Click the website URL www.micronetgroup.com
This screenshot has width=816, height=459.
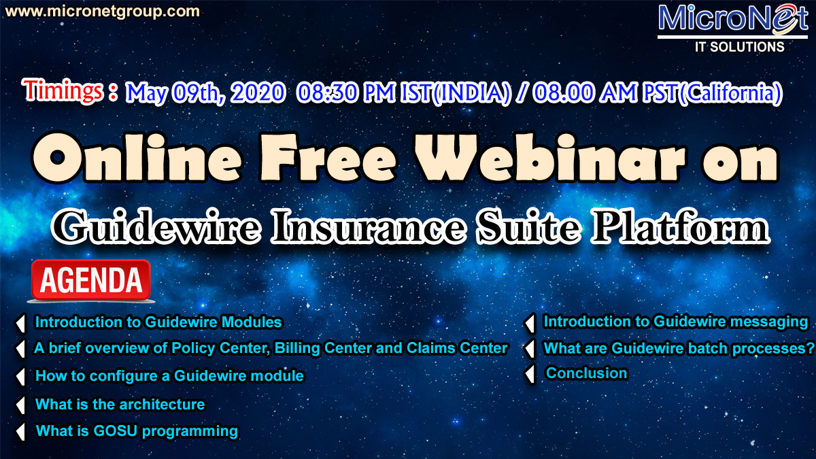[103, 12]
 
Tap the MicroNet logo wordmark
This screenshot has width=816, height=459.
[732, 18]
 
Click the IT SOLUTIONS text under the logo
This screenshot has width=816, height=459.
[739, 47]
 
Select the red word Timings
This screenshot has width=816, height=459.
[63, 90]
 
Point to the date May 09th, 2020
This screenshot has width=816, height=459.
[205, 92]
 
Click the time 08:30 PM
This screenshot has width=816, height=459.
[345, 92]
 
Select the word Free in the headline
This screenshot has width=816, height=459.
[328, 157]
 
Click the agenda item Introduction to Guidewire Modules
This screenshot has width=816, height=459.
[158, 322]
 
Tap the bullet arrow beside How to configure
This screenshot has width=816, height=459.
[21, 376]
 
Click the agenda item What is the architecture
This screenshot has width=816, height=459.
[120, 405]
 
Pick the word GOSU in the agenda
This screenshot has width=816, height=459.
[115, 431]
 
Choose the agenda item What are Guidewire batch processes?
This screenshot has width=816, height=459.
[679, 348]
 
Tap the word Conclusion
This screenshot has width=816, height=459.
[586, 373]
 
